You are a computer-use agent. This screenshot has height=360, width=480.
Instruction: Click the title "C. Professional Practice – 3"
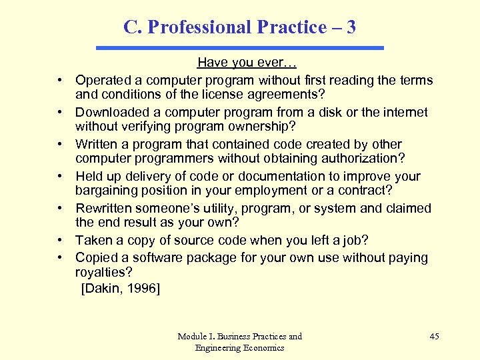pos(239,27)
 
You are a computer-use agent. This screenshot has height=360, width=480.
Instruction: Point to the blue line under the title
pos(240,48)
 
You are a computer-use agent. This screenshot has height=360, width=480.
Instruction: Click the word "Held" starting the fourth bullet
pos(89,177)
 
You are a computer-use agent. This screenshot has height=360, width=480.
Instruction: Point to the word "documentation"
pos(277,177)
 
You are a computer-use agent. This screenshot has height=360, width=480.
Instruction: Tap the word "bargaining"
pos(108,190)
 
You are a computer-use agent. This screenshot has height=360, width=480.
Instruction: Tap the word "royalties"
pos(104,272)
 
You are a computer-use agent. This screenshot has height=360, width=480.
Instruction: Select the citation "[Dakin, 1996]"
pos(121,289)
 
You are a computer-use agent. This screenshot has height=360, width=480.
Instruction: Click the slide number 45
pos(434,336)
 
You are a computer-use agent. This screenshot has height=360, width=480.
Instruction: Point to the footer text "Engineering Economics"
pos(239,347)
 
